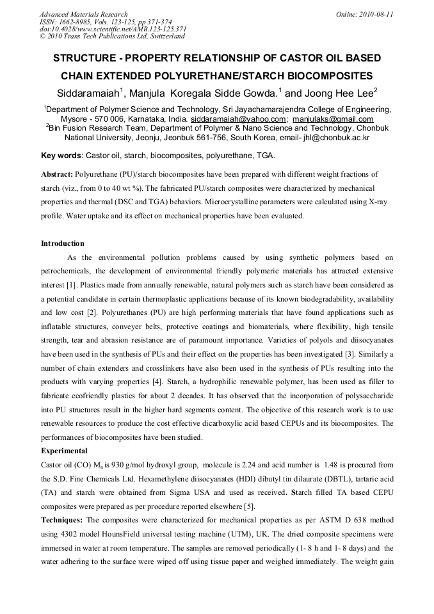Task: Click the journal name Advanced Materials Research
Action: coord(83,13)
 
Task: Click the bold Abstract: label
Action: coord(57,174)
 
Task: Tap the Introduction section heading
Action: coord(63,243)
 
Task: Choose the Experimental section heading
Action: coord(64,451)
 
